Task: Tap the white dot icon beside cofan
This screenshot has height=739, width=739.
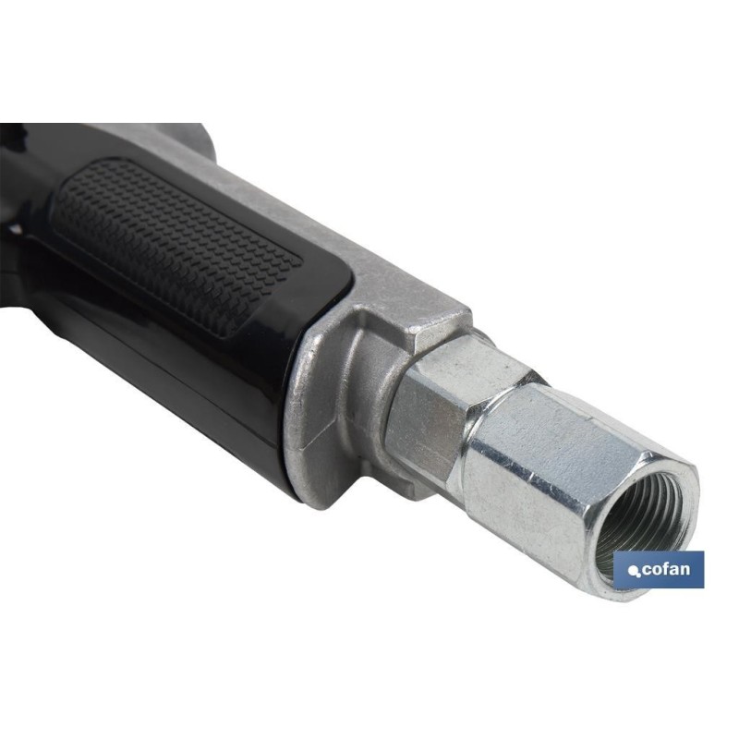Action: (634, 572)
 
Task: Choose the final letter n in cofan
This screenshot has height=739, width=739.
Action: (685, 570)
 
